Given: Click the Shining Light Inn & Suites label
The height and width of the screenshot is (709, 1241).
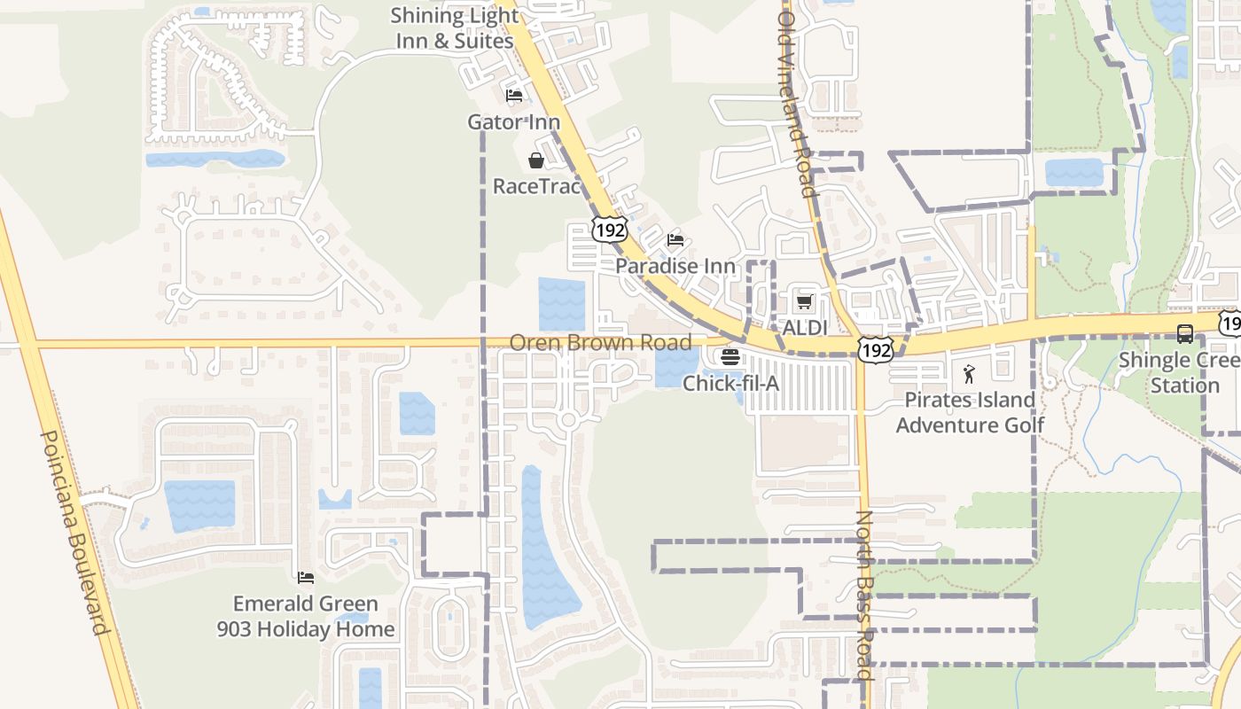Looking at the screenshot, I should (x=454, y=28).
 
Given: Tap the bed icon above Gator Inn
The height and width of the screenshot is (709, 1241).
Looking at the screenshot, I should (x=514, y=96).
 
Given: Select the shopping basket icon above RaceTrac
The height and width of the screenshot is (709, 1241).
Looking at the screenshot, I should (x=536, y=160).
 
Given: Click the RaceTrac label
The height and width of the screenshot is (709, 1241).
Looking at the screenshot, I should (x=536, y=186).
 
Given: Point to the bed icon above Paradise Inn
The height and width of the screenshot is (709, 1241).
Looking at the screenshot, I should (x=675, y=240).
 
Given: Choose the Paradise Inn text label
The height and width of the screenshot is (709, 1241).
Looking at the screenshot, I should (x=675, y=266).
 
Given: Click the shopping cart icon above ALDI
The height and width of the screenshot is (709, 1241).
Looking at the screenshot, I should (x=804, y=302).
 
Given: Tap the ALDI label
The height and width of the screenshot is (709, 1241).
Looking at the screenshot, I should (x=804, y=328).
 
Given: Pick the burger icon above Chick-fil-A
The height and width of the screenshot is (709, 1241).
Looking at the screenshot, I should (x=730, y=358).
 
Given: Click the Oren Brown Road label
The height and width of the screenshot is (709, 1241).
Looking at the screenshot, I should (x=600, y=342).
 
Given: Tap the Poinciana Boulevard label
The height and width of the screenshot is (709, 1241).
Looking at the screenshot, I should (x=74, y=532).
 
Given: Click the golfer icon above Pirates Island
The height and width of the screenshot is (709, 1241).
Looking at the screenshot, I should (x=969, y=374).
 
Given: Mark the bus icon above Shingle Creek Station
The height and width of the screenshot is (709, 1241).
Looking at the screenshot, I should (x=1184, y=334).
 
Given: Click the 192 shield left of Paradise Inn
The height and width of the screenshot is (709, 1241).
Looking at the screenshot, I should (x=610, y=230).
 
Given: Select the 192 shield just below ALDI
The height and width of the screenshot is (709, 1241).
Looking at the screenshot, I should (x=874, y=351).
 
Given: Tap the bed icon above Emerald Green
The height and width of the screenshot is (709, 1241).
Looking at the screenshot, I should (x=306, y=578).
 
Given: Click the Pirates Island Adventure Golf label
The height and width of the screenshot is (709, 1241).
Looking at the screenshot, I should (x=970, y=412).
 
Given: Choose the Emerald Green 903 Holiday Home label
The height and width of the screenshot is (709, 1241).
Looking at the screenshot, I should (x=306, y=617).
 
